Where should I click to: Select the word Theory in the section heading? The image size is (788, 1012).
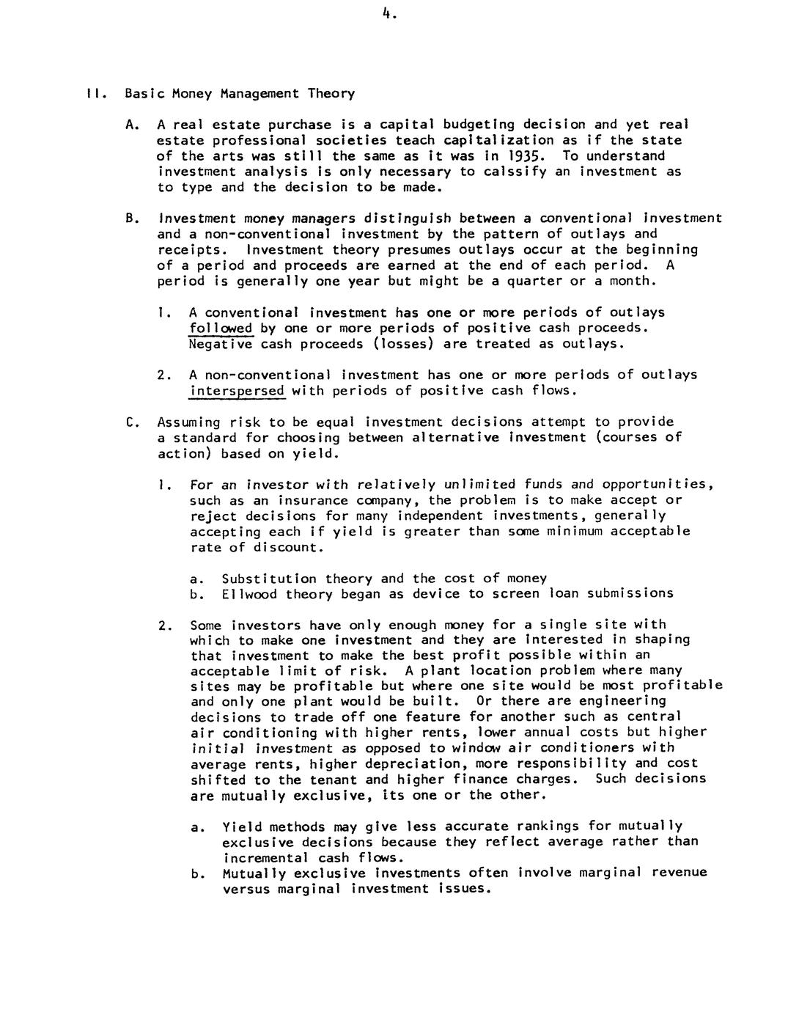[331, 94]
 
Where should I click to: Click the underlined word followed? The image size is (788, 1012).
[221, 329]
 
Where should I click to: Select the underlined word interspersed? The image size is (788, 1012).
[237, 391]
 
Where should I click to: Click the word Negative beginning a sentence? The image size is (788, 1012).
[221, 344]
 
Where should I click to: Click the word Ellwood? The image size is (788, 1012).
[249, 594]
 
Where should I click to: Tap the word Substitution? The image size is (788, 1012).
[269, 579]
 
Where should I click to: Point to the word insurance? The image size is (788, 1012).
[312, 500]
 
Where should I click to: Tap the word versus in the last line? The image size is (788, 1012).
[246, 889]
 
